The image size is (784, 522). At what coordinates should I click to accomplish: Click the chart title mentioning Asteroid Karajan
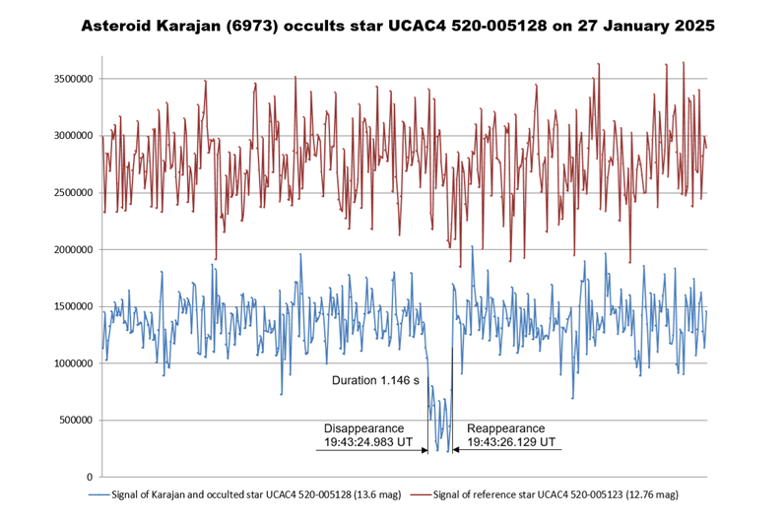tap(391, 25)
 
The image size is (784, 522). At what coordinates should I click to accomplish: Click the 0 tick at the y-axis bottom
tap(87, 478)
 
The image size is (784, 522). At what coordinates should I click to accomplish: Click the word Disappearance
tap(363, 428)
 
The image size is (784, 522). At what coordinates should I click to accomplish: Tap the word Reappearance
tap(505, 428)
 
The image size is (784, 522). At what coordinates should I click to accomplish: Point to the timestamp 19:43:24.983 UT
tap(363, 442)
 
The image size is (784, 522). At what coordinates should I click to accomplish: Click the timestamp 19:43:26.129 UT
tap(511, 442)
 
